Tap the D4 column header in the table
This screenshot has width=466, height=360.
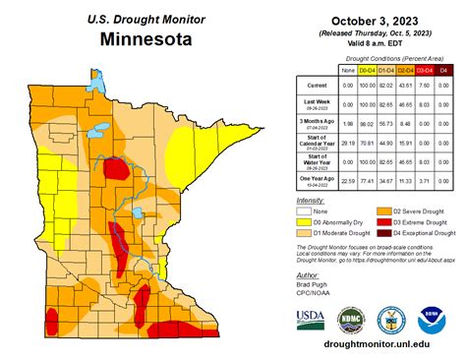(443, 70)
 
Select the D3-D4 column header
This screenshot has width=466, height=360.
(424, 70)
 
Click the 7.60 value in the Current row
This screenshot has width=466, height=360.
(424, 88)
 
